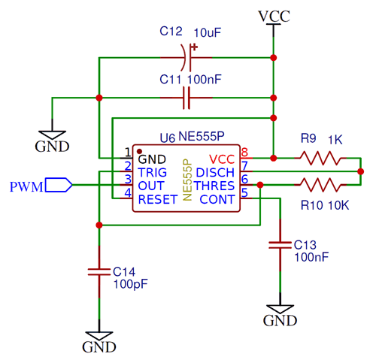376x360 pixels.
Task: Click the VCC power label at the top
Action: [x=273, y=15]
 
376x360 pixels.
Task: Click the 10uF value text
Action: [x=208, y=33]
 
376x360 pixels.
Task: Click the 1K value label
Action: [x=335, y=139]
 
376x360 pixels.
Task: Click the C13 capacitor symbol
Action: [x=280, y=244]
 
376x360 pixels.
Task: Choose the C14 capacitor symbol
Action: [x=98, y=272]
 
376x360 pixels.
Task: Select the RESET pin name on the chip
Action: [x=157, y=199]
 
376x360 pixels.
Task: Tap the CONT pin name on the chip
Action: [x=217, y=199]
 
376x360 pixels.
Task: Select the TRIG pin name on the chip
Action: [x=153, y=172]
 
